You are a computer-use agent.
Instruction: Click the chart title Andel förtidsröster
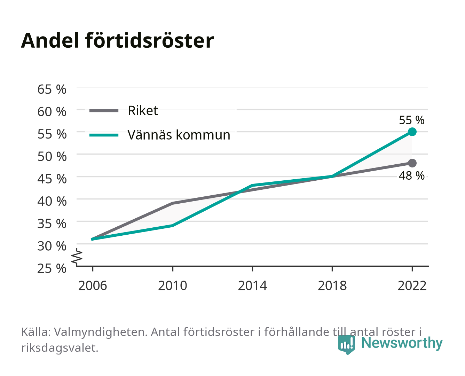(x=117, y=40)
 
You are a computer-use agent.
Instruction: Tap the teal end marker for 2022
(x=412, y=132)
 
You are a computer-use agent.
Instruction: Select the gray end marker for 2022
(x=412, y=163)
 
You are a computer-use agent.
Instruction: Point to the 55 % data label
(x=411, y=120)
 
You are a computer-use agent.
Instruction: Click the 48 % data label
(x=411, y=175)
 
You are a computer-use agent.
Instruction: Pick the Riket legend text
(x=143, y=110)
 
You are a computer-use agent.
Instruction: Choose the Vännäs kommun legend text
(x=179, y=135)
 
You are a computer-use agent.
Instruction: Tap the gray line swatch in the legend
(x=104, y=111)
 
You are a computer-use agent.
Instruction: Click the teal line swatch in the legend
(x=104, y=135)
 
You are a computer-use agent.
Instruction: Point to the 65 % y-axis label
(x=52, y=89)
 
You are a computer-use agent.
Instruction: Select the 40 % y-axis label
(x=52, y=201)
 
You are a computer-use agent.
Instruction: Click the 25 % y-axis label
(x=52, y=268)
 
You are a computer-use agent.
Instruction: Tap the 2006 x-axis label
(x=93, y=285)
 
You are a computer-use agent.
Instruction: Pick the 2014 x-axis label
(x=252, y=285)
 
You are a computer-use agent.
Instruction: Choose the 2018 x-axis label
(x=332, y=285)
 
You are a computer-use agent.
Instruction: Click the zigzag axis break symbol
(x=77, y=257)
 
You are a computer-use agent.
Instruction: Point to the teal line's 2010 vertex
(x=173, y=226)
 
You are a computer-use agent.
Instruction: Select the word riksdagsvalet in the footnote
(x=60, y=348)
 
